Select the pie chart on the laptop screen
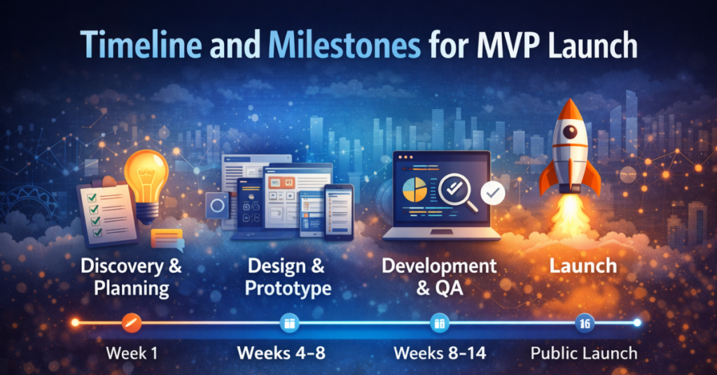(x=415, y=188)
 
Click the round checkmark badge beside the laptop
(x=494, y=191)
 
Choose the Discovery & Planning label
(x=130, y=277)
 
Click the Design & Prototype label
(x=288, y=277)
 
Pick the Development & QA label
(x=439, y=277)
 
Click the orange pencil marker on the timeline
(x=132, y=323)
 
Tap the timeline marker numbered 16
(x=584, y=323)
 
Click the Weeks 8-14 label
(x=439, y=353)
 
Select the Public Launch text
(x=584, y=353)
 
